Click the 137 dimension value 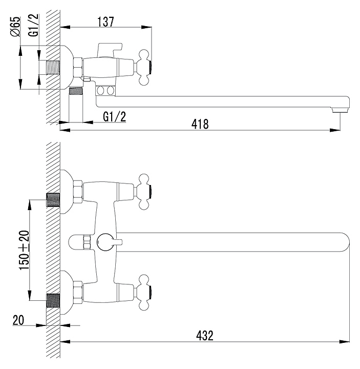coord(106,22)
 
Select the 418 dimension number coord(200,124)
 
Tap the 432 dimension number coord(204,336)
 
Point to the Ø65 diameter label coord(15,27)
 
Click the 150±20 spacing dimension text coord(24,251)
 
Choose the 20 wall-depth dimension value coord(18,320)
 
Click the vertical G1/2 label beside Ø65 coord(33,25)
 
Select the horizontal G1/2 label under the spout coord(115,117)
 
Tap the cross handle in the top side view coord(144,67)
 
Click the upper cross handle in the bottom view coord(144,192)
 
